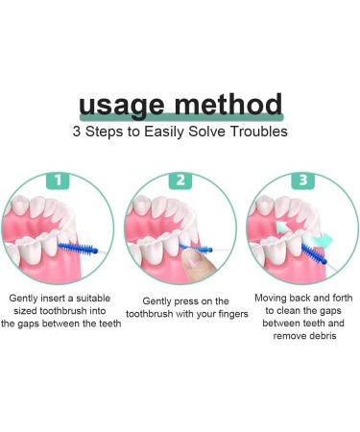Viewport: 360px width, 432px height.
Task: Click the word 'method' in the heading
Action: tap(228, 104)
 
